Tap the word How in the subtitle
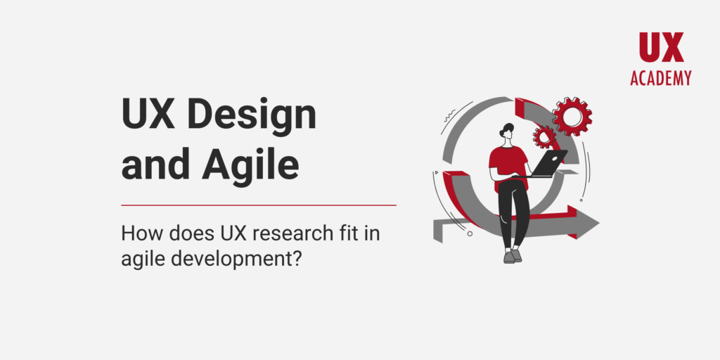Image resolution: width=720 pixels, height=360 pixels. click(139, 233)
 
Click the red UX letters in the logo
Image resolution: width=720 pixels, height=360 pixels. click(661, 48)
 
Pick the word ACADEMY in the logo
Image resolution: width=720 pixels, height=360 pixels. click(661, 78)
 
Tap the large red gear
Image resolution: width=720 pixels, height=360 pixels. click(572, 116)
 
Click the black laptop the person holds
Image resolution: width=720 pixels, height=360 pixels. click(549, 164)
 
